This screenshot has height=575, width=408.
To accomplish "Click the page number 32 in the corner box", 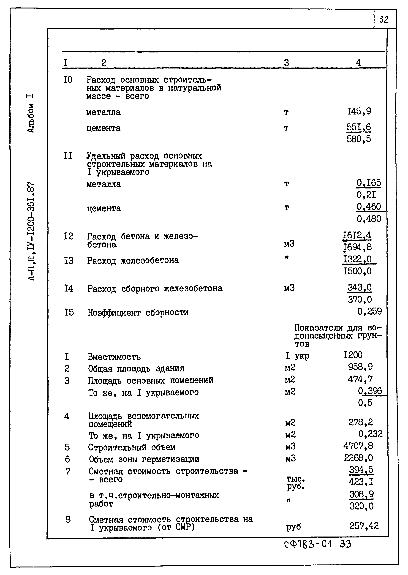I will [384, 19].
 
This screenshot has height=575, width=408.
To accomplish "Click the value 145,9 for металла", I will [359, 111].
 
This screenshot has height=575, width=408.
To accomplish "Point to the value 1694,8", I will [357, 247].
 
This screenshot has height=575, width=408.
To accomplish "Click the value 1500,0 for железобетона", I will [357, 271].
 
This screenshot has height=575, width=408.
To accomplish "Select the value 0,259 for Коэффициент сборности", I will [369, 311].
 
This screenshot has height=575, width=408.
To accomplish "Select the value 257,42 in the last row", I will [364, 526].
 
